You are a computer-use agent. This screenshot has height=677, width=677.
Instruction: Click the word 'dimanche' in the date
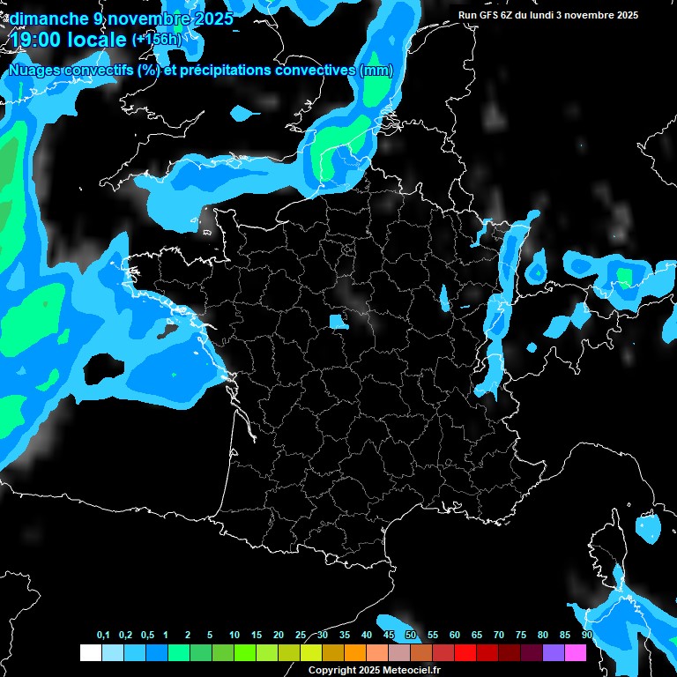[41, 19]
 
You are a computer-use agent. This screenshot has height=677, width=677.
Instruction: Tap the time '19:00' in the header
[36, 40]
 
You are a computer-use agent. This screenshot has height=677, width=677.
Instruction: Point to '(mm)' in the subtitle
[376, 71]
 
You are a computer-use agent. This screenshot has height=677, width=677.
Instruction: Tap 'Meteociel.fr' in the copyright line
[411, 670]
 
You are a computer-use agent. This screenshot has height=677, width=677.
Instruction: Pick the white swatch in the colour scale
[90, 652]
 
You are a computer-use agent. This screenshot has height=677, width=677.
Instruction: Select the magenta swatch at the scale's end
[576, 652]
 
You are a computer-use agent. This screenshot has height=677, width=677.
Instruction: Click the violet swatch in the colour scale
[554, 652]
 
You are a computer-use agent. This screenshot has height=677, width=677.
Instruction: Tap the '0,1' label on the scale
[102, 636]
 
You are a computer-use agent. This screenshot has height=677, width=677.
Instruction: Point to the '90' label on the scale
[587, 636]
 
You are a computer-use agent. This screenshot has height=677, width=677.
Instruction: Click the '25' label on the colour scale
[301, 636]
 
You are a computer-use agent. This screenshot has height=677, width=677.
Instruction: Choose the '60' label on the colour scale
[455, 636]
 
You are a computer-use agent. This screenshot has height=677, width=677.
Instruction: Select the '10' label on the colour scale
[234, 636]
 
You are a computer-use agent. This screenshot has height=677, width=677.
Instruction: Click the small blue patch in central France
[338, 321]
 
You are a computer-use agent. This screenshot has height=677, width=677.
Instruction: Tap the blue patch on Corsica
[649, 527]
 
